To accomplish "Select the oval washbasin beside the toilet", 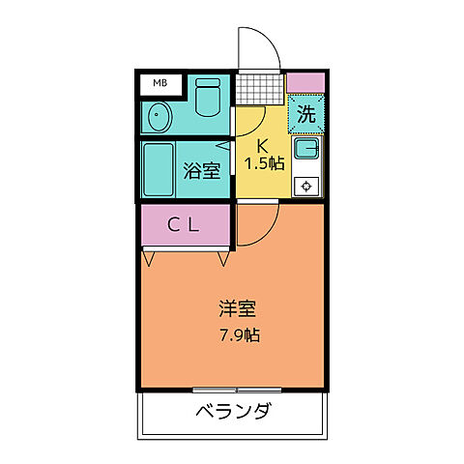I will [x=159, y=119].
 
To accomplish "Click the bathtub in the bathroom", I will [x=159, y=170].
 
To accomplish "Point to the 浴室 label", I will [x=202, y=171].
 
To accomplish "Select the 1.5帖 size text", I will [x=264, y=163].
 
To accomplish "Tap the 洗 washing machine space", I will [x=306, y=113].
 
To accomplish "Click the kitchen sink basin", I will [x=307, y=150].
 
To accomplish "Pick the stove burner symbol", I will [x=307, y=186].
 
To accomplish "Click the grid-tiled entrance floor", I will [x=261, y=90].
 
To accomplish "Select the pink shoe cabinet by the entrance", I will [x=305, y=81].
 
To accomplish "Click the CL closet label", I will [x=184, y=225].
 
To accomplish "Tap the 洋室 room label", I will [x=236, y=310].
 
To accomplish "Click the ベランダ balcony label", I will [x=233, y=412].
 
